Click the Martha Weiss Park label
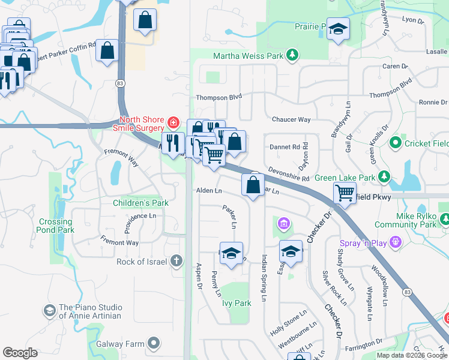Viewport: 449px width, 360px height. click(x=249, y=56)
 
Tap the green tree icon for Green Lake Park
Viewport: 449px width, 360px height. click(x=384, y=177)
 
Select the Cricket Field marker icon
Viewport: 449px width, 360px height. click(x=395, y=143)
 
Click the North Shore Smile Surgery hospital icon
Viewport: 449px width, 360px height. click(x=173, y=123)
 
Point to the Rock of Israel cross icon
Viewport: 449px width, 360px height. click(x=176, y=261)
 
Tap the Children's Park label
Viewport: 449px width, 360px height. click(x=140, y=203)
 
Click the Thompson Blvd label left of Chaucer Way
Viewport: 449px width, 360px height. click(x=218, y=97)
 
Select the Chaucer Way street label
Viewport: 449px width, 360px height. click(x=291, y=119)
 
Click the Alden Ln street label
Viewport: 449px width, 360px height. click(x=209, y=191)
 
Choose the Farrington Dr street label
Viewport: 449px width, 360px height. click(x=363, y=342)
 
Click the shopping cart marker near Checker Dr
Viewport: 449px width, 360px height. click(x=345, y=193)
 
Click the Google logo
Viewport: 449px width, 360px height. click(x=20, y=353)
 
